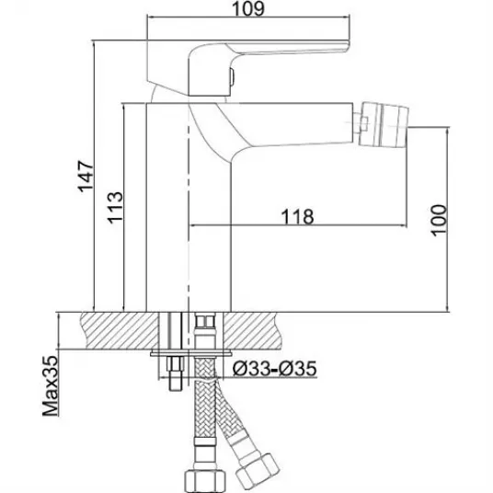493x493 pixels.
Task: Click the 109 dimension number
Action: tap(248, 9)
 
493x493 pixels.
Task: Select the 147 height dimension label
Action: tap(86, 177)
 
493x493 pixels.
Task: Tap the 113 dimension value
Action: tap(115, 208)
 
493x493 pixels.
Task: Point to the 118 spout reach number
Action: tap(297, 216)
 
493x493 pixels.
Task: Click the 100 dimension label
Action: tap(439, 220)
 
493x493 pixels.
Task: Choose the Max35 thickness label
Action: tap(51, 385)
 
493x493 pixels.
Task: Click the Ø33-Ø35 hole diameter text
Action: tap(274, 368)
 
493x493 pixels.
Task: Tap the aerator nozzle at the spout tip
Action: tap(384, 124)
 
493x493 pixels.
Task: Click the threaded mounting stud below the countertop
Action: tap(176, 373)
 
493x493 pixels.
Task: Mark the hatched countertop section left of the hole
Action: tap(120, 330)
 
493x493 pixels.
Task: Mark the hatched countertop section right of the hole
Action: tap(251, 330)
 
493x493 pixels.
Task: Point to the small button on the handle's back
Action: tap(232, 77)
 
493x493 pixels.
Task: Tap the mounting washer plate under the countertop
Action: tap(190, 353)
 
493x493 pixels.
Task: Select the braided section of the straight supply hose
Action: tap(205, 399)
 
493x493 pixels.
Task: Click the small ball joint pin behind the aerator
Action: tap(361, 123)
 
